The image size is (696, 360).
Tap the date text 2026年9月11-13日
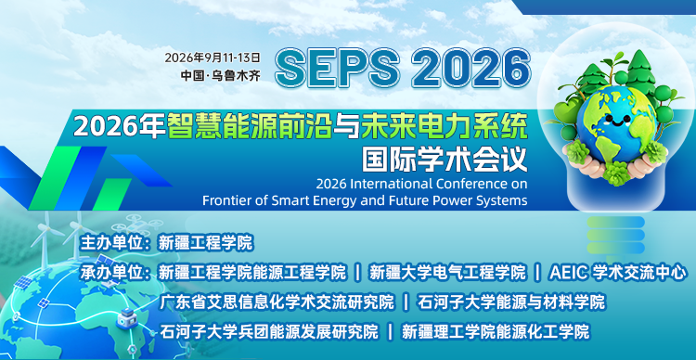point(213,57)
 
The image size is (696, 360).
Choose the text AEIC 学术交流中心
point(618,272)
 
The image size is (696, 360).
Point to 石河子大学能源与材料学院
point(511,302)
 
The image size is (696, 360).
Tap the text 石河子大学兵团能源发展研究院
point(269,331)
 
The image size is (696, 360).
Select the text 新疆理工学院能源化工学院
point(496,331)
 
